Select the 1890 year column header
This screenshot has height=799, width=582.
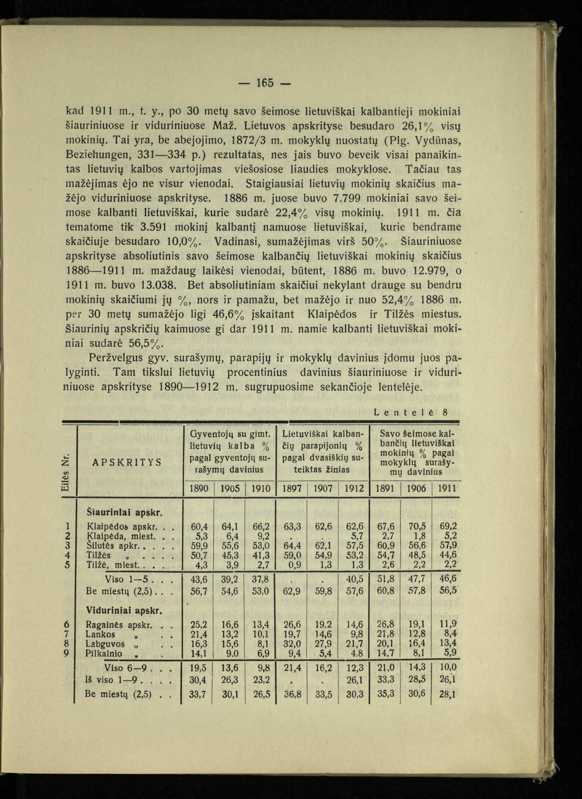[200, 489]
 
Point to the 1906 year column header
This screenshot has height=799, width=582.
[416, 489]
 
